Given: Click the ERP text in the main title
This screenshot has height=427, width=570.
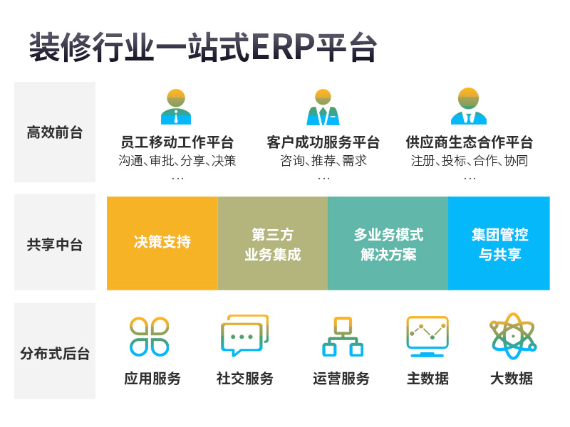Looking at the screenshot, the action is (x=283, y=46).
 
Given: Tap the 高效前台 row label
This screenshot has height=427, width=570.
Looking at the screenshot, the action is (x=55, y=132).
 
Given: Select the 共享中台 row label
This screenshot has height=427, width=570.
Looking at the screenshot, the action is (x=55, y=244).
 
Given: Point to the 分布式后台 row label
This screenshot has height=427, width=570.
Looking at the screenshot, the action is (x=55, y=353).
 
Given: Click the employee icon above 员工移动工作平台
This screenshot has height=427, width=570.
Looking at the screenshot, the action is (x=176, y=107).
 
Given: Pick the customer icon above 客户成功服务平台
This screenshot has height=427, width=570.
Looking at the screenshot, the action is (x=323, y=107).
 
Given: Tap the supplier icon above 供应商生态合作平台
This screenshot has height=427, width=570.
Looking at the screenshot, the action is (x=469, y=106).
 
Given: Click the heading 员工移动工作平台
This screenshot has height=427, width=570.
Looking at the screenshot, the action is (x=177, y=142).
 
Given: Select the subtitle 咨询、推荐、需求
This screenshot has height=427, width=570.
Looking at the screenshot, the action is (x=323, y=161).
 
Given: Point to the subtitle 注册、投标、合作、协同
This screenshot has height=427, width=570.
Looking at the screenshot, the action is (x=470, y=161).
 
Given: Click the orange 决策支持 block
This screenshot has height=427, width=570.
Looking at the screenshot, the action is (x=162, y=243).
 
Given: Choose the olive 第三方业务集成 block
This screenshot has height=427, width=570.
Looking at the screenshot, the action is (x=273, y=243).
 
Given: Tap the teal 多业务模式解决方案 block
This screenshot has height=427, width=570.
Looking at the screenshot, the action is (x=388, y=243).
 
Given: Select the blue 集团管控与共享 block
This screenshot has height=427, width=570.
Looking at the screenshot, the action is (x=499, y=243).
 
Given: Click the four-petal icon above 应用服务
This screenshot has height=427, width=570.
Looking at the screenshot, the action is (x=150, y=337).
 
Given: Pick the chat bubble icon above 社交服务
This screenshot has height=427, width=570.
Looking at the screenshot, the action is (x=244, y=335).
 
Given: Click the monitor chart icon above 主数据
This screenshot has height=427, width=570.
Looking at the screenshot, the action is (x=427, y=337).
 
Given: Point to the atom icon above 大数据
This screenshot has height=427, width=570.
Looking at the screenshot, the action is (x=513, y=336).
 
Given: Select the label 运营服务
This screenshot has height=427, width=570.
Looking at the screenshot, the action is (x=341, y=379).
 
